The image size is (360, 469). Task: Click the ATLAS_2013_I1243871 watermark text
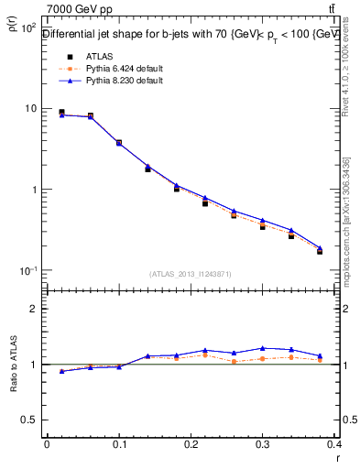point(191,274)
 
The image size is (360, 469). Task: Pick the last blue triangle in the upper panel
point(320,247)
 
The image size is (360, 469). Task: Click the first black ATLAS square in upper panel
point(61,112)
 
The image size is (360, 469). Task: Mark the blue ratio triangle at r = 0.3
point(262,348)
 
